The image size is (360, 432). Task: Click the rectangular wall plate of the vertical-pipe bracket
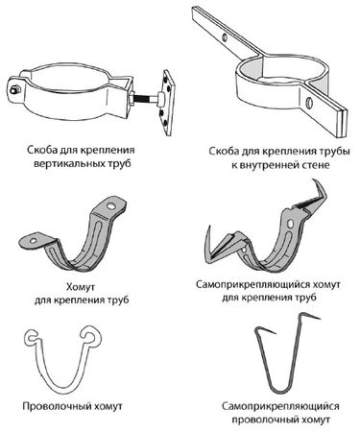pos(167,103)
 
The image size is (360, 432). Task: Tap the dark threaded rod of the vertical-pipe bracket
pos(147,99)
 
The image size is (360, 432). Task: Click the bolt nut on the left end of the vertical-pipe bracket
pos(14,90)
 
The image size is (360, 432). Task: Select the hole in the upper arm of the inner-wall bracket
pos(225,37)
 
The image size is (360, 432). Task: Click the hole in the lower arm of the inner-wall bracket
pos(309,103)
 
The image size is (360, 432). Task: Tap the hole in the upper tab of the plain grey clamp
pos(111,206)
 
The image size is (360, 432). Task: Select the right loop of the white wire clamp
pos(92,335)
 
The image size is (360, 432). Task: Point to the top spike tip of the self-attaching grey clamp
pos(314,180)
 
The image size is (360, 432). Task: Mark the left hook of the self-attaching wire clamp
pos(265,330)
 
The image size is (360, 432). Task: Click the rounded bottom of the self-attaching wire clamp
pos(279,392)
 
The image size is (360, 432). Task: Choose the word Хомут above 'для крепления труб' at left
pos(81,287)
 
